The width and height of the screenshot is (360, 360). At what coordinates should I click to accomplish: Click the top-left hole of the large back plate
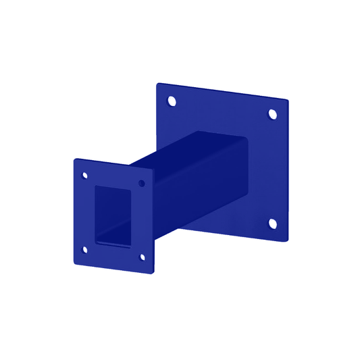pyautogui.click(x=171, y=102)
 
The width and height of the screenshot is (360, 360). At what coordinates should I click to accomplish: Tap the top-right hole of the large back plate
pyautogui.click(x=274, y=114)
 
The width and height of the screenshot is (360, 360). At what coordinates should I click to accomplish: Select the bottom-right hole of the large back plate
pyautogui.click(x=273, y=224)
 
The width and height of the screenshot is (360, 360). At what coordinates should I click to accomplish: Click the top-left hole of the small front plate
pyautogui.click(x=85, y=176)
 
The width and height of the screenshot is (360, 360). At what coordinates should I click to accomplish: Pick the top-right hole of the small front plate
pyautogui.click(x=142, y=183)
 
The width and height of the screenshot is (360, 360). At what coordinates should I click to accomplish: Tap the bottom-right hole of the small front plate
pyautogui.click(x=142, y=257)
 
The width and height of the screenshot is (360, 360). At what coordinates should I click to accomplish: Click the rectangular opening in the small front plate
pyautogui.click(x=112, y=215)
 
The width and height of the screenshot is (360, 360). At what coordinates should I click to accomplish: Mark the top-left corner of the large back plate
pyautogui.click(x=158, y=84)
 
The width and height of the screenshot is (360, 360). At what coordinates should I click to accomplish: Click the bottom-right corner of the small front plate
pyautogui.click(x=154, y=274)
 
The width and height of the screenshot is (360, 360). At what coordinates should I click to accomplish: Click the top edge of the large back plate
pyautogui.click(x=223, y=92)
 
